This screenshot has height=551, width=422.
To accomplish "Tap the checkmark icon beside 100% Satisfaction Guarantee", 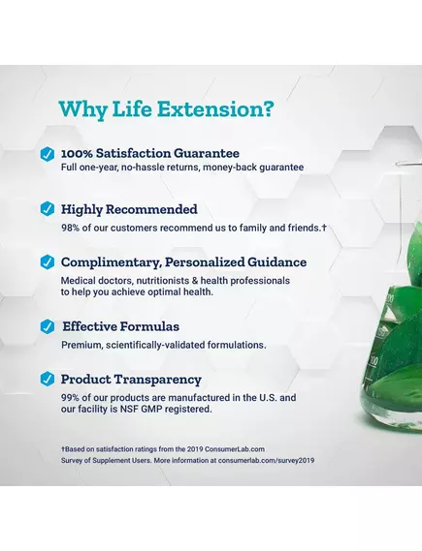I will point(47,154).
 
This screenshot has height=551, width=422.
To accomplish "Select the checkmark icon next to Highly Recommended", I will point(47,209).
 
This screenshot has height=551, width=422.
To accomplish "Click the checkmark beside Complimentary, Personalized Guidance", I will point(47,262).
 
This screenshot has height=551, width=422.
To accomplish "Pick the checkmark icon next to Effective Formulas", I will point(47,326).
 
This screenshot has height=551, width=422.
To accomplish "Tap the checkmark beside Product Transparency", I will point(47,380).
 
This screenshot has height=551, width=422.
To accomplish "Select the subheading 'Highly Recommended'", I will point(129,209).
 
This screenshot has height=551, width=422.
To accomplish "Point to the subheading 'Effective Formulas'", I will point(120,326).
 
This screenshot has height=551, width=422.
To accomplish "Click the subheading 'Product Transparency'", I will point(131,380).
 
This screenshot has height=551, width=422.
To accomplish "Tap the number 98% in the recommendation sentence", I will point(73,228).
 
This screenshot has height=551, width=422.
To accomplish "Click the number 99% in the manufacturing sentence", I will point(73,397).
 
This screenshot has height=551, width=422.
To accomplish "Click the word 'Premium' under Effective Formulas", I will point(82,344).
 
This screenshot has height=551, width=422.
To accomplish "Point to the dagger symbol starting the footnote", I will point(63,449).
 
